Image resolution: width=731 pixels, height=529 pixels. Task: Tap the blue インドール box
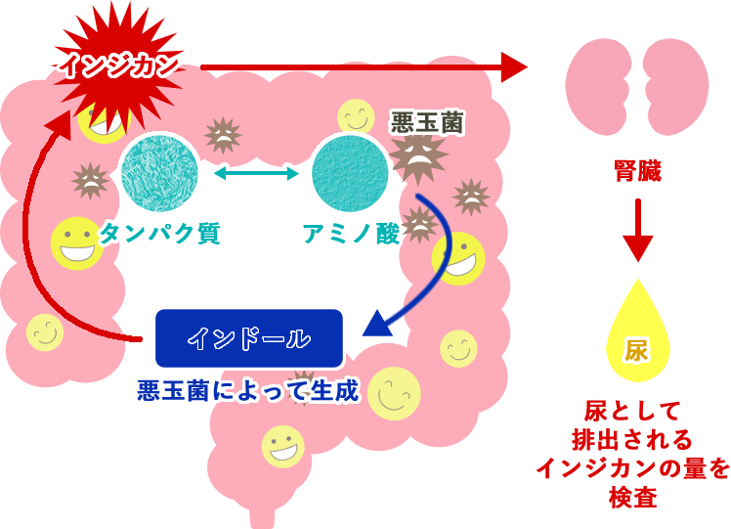[249, 338]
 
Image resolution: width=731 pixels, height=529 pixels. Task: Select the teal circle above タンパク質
[159, 173]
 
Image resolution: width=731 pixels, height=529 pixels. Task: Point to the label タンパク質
[160, 233]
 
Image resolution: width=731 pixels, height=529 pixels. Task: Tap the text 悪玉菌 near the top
[427, 121]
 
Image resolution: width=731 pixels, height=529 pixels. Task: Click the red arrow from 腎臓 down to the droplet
[637, 230]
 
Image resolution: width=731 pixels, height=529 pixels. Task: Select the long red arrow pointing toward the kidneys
[362, 67]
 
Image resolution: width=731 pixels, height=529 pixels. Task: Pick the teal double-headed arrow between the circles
[256, 174]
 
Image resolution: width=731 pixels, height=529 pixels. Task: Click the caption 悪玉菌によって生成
[248, 391]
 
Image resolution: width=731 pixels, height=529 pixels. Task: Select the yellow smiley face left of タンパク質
[76, 243]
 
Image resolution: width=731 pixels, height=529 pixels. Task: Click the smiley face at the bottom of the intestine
[282, 446]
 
